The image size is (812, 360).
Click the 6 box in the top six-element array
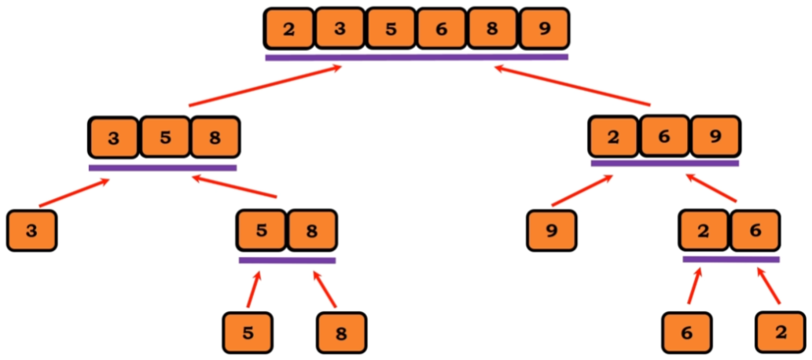(x=441, y=30)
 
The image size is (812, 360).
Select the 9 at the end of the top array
(x=544, y=30)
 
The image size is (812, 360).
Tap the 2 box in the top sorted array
(x=288, y=30)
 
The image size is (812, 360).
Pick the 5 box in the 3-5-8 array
(x=164, y=138)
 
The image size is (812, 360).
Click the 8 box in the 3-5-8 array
(x=215, y=138)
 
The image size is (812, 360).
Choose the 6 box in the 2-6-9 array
(x=664, y=136)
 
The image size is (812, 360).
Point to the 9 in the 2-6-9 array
(x=715, y=136)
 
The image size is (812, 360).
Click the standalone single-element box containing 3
(x=31, y=231)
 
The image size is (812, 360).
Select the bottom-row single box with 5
(x=248, y=332)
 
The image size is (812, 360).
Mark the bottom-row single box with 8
(x=341, y=332)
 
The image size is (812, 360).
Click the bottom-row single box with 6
(x=686, y=332)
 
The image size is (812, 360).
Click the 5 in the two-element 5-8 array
(x=262, y=230)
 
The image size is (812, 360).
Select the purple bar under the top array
(x=417, y=57)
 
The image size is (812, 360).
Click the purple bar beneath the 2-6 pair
(x=731, y=259)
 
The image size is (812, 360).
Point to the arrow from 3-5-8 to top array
(x=266, y=86)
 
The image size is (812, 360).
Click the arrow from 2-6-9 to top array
(x=573, y=86)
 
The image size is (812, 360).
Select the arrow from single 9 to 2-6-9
(x=582, y=191)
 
